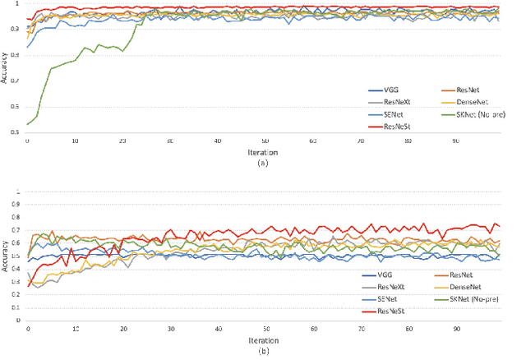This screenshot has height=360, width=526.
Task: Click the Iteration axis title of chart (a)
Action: pyautogui.click(x=264, y=151)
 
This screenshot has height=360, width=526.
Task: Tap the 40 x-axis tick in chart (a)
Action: pyautogui.click(x=217, y=141)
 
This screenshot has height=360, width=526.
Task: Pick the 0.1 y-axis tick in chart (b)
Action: pyautogui.click(x=18, y=307)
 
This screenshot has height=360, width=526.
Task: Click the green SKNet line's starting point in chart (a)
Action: pyautogui.click(x=28, y=124)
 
